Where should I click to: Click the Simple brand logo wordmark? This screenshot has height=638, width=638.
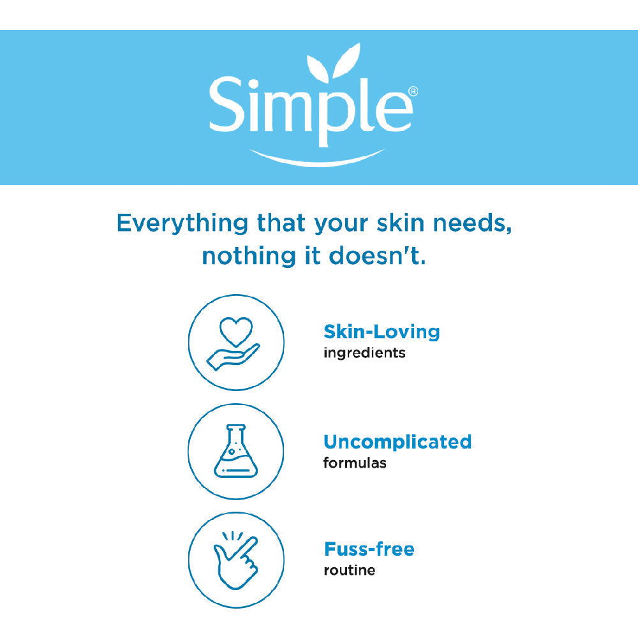(311, 108)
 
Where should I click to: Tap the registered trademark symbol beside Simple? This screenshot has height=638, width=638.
(413, 91)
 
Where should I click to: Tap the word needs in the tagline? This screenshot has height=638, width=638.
(471, 223)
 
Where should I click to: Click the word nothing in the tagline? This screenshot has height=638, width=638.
(249, 256)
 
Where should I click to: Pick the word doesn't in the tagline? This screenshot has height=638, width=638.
(377, 256)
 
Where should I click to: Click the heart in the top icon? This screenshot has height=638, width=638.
(236, 331)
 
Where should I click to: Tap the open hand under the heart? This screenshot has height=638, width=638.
(233, 357)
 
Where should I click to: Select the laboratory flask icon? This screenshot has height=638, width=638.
(236, 451)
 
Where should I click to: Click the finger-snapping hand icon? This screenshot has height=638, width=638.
(236, 561)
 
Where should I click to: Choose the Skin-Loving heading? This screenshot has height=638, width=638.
(382, 332)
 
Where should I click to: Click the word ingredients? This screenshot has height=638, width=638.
(364, 353)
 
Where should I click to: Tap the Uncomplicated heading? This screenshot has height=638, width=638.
(397, 442)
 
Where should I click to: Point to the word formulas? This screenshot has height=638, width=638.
(355, 463)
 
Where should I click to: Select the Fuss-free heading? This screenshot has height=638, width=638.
(369, 549)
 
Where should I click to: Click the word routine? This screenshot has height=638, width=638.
(350, 570)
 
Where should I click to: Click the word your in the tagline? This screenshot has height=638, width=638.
(341, 224)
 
